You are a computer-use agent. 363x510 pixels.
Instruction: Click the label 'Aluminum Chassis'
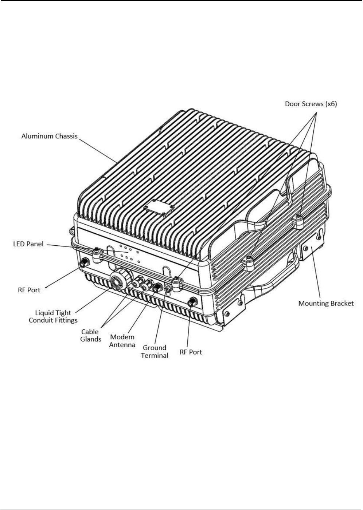coord(50,136)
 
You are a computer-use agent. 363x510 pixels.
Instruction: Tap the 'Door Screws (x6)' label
coord(311,104)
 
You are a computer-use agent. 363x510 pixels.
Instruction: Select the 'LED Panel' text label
coord(28,244)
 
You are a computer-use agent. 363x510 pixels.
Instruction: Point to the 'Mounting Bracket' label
coord(326,303)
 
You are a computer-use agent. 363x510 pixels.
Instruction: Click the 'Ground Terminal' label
coord(155,352)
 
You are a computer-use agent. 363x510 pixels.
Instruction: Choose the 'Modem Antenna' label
coord(122,341)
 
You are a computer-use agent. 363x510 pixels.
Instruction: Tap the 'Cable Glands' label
coord(90,335)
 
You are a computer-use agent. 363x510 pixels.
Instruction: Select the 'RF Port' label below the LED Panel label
coord(29,290)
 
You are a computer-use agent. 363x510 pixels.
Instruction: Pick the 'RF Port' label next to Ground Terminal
coord(191,352)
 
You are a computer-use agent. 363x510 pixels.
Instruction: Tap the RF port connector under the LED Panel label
coord(84,262)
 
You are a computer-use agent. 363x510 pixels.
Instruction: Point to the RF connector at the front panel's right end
coord(192,302)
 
